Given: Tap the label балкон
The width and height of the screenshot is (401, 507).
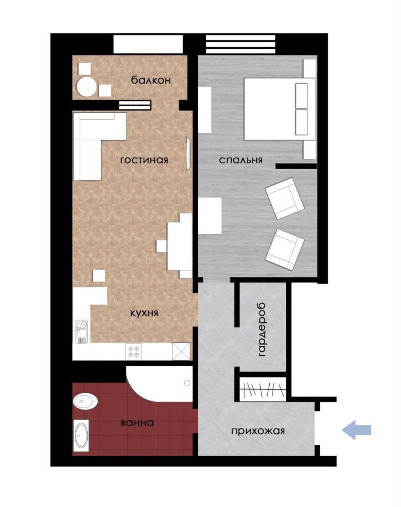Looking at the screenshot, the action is pyautogui.click(x=151, y=80).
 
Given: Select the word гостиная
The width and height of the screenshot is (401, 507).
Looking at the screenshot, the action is pyautogui.click(x=144, y=160).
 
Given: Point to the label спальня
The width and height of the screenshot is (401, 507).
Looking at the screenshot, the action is pyautogui.click(x=240, y=160).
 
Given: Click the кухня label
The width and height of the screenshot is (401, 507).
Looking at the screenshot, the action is pyautogui.click(x=144, y=313).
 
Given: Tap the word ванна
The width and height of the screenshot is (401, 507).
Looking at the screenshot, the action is pyautogui.click(x=137, y=422).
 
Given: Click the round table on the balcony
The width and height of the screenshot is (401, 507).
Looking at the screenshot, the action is pyautogui.click(x=86, y=87).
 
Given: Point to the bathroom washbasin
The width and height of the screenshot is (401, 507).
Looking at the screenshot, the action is pyautogui.click(x=85, y=400).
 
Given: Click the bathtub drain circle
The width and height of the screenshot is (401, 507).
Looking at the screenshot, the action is pyautogui.click(x=187, y=383).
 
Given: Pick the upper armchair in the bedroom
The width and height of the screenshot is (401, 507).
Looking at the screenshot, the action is pyautogui.click(x=285, y=198).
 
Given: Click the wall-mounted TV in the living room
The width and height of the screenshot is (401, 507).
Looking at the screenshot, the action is pyautogui.click(x=188, y=154).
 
